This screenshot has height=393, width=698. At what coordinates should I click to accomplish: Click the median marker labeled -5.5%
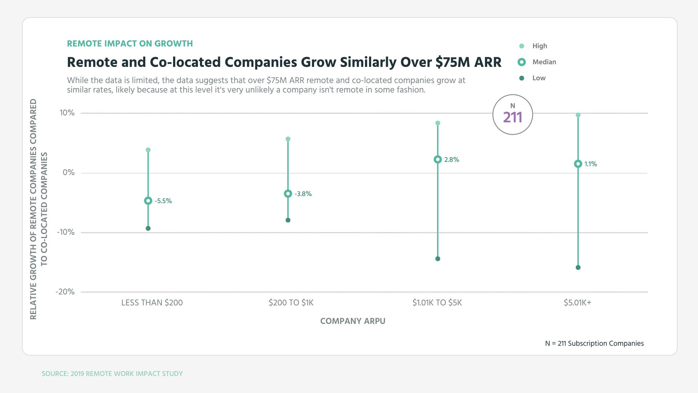coord(148,201)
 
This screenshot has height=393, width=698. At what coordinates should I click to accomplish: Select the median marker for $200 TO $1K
coord(288,194)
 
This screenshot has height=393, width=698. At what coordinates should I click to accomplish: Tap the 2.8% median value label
coord(452,160)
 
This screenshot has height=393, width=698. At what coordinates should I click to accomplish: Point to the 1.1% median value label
coord(590,164)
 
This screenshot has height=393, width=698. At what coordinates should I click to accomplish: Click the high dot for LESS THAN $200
coord(148,150)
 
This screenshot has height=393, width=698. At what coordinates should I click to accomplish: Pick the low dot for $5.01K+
coord(578,267)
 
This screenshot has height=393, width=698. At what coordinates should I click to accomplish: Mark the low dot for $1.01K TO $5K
coord(438,259)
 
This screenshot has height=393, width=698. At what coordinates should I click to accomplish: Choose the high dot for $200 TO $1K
coord(288,139)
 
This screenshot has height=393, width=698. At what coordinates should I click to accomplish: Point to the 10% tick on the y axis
coord(67,113)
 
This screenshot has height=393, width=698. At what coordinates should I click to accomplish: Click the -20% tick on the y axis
coord(65,292)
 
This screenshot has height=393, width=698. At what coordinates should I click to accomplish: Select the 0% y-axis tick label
coord(69,172)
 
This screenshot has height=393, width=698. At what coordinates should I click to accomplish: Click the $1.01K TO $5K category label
coord(437,303)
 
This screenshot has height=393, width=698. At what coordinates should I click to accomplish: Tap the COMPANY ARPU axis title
coord(353,321)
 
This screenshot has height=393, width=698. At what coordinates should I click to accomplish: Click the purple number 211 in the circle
coord(513,118)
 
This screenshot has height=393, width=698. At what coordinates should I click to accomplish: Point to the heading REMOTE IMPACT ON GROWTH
coord(130,44)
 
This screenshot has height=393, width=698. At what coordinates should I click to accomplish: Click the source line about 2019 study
coord(112,374)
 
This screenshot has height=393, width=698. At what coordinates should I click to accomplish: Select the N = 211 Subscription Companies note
coord(594,344)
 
